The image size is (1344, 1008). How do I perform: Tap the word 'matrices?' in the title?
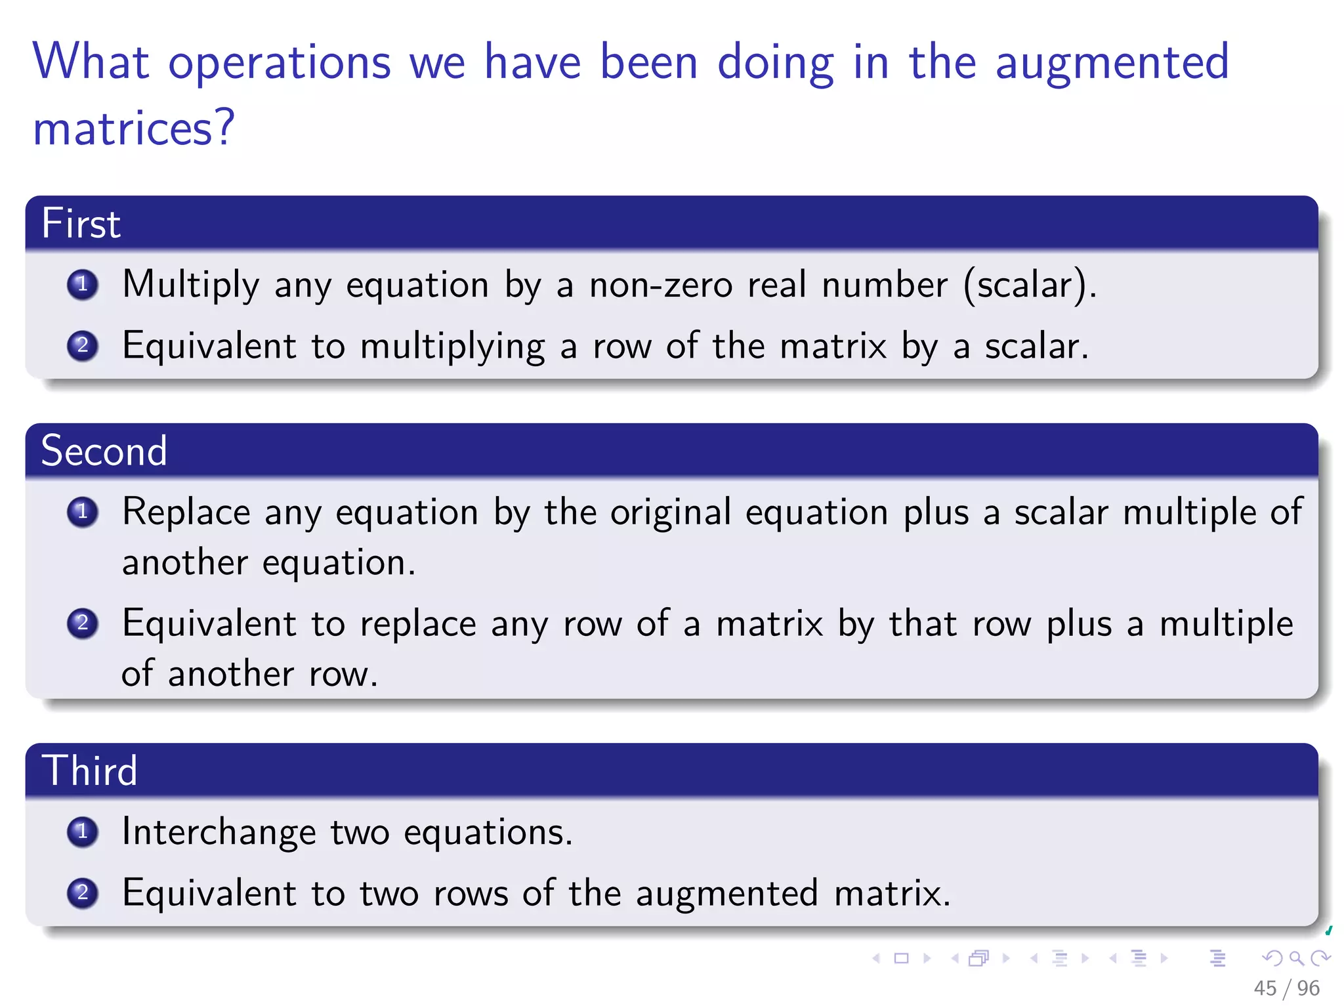[x=134, y=128]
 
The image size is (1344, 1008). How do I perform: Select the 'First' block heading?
[x=81, y=223]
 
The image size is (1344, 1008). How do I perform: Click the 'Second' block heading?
[x=104, y=451]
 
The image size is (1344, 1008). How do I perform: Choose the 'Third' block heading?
[x=89, y=770]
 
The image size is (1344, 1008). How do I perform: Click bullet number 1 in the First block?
[x=83, y=285]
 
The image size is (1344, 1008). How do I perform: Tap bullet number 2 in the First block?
[x=83, y=345]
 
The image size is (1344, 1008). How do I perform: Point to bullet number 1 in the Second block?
[x=83, y=512]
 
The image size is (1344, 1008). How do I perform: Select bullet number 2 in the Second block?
[x=83, y=623]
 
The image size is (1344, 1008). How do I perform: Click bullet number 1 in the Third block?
[x=83, y=831]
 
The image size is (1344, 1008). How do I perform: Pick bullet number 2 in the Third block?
[x=83, y=892]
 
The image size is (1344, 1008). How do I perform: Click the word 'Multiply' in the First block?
[x=191, y=285]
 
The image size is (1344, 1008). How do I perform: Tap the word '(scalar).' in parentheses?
[x=1030, y=285]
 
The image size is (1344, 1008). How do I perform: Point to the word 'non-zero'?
[x=660, y=285]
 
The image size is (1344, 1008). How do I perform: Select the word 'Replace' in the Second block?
[x=186, y=512]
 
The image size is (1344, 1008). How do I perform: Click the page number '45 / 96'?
[x=1286, y=988]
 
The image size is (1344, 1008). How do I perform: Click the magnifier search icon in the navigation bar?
[x=1296, y=958]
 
